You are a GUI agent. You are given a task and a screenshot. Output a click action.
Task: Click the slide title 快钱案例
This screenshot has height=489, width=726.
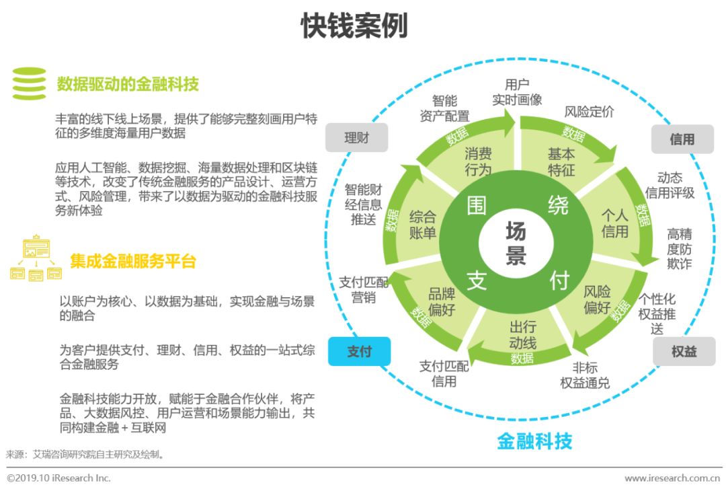click(354, 27)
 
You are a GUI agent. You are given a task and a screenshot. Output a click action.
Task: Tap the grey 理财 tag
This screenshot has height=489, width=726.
click(356, 139)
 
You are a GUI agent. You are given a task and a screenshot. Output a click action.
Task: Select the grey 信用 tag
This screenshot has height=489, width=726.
click(682, 139)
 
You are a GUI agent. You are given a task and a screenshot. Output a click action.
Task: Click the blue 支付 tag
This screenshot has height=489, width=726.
click(359, 352)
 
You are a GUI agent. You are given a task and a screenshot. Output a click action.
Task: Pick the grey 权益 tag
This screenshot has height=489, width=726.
click(684, 352)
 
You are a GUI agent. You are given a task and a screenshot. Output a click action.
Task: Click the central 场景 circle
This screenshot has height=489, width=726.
click(516, 244)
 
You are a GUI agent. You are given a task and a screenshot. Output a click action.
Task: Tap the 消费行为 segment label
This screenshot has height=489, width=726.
click(478, 162)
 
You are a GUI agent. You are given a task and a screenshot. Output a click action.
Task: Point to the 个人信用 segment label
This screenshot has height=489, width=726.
click(614, 223)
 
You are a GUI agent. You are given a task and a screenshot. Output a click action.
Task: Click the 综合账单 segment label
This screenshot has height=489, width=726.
click(423, 225)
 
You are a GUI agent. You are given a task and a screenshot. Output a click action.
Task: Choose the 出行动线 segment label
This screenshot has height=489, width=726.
click(522, 334)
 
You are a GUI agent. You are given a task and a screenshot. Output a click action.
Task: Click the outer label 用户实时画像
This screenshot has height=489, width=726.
click(517, 92)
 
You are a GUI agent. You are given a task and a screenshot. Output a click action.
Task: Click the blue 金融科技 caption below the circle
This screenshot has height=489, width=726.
click(534, 441)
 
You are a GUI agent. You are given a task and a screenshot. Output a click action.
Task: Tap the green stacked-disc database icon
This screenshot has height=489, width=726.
click(29, 83)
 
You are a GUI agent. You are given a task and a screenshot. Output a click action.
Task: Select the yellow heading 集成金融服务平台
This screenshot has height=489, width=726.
click(133, 262)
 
